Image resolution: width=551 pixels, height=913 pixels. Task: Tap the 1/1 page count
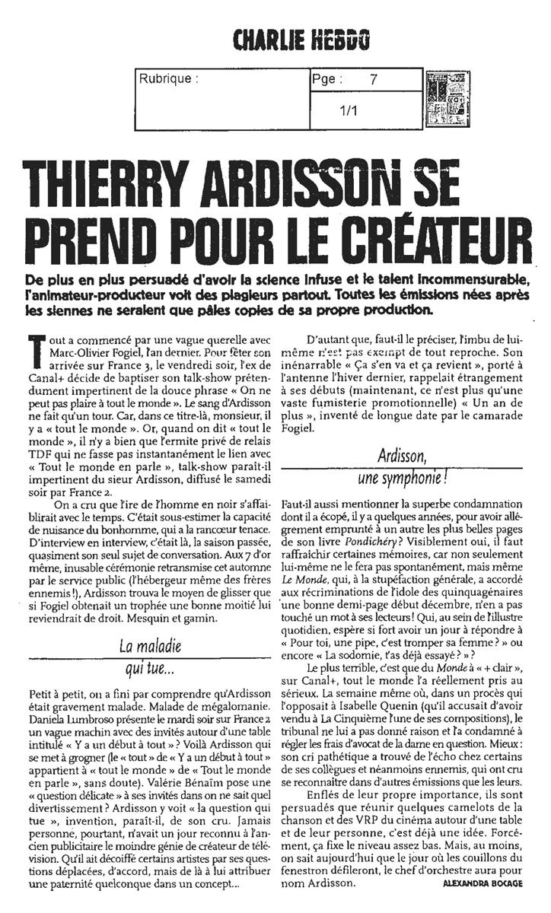point(350,111)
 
